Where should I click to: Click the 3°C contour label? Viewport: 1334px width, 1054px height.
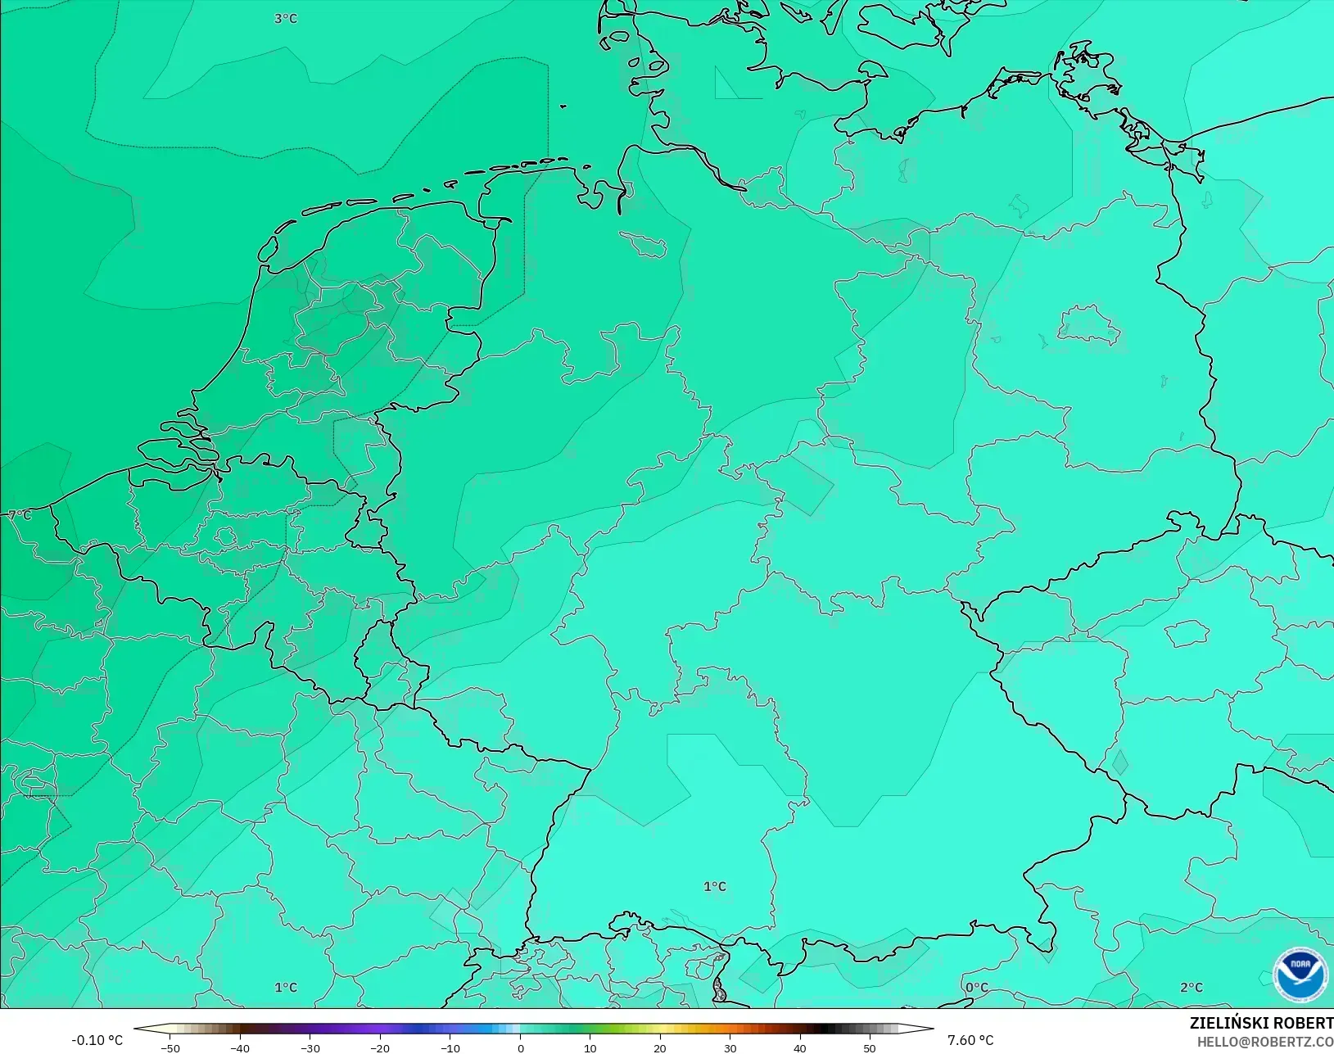coord(286,18)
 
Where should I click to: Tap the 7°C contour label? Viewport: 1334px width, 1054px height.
coord(20,515)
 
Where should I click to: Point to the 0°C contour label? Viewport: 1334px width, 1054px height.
coord(976,988)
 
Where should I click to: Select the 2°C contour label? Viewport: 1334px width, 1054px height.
coord(1192,988)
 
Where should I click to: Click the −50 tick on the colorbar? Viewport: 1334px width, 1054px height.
coord(170,1047)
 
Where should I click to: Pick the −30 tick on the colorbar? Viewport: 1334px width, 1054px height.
coord(310,1047)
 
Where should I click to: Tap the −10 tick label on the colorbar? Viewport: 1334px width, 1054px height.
coord(450,1047)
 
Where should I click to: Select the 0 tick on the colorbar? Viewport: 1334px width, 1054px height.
coord(521,1047)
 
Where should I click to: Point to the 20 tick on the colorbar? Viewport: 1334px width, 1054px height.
coord(660,1047)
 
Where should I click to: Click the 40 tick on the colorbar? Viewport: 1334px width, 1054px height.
coord(800,1047)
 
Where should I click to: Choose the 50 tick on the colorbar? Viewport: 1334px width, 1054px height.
coord(870,1047)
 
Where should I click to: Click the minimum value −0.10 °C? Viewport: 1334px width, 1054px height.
coord(97,1040)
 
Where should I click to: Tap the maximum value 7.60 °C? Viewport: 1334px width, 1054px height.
coord(970,1040)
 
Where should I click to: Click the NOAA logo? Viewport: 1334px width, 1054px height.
coord(1300,973)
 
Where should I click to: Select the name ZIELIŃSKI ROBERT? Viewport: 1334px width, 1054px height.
coord(1261,1023)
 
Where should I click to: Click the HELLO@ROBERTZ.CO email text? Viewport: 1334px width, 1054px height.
coord(1265,1042)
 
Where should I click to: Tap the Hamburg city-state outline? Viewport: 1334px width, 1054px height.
coord(644,243)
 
